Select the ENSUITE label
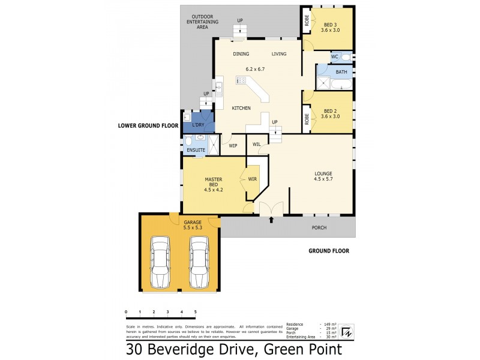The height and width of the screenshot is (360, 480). pos(196,150)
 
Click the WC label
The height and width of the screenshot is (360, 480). pos(335,56)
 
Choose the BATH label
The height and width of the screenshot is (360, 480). pos(341,72)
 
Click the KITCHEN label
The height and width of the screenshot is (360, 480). pos(241,108)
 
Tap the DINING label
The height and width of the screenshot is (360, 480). pos(241,54)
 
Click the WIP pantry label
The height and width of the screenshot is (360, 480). pos(233,145)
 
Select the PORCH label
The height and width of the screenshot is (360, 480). pos(319,228)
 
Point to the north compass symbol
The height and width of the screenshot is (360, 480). pos(346,331)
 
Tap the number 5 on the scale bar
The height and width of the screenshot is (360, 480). pos(195,312)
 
